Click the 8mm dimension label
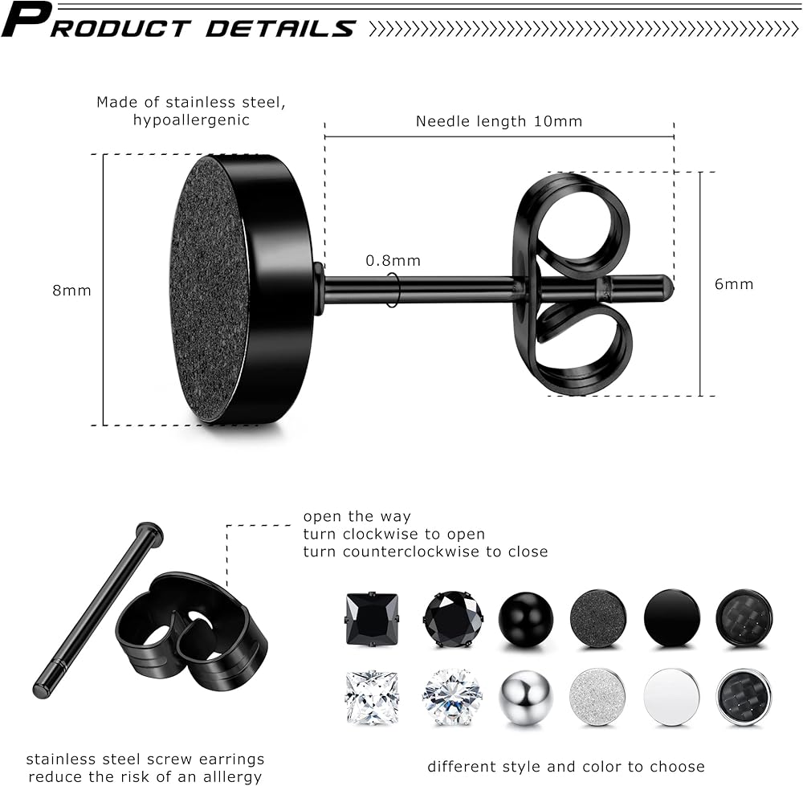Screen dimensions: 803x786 (71, 291)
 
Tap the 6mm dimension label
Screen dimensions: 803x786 (734, 284)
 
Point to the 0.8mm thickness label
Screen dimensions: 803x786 (393, 261)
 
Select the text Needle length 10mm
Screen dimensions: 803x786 (499, 121)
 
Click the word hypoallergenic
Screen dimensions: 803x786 (191, 120)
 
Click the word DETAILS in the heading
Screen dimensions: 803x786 (280, 28)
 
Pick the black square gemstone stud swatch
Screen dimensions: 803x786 (372, 618)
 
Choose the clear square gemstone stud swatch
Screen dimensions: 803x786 (372, 698)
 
